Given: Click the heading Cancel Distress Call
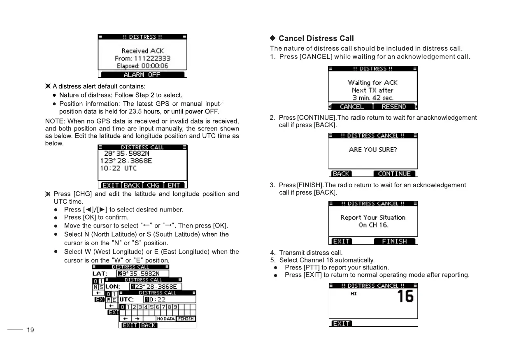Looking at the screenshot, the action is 316,39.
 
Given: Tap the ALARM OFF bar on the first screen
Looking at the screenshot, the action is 142,74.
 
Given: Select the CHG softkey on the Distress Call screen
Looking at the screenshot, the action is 153,185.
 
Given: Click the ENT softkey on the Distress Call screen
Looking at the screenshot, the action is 174,185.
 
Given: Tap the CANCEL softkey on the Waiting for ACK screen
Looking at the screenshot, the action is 352,107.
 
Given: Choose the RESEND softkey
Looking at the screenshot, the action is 394,107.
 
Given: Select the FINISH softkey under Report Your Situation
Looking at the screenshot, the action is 394,241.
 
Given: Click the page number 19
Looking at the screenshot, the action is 30,330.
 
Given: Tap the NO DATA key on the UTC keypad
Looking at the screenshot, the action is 166,319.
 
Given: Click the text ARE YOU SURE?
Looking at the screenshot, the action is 373,150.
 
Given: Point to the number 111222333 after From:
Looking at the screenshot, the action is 152,58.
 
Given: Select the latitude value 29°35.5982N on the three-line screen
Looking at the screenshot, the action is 126,153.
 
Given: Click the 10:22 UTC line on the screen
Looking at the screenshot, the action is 119,168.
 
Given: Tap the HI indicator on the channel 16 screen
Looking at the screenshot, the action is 354,294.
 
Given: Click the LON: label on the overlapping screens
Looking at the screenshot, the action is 112,286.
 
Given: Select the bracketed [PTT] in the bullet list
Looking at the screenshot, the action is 311,267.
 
